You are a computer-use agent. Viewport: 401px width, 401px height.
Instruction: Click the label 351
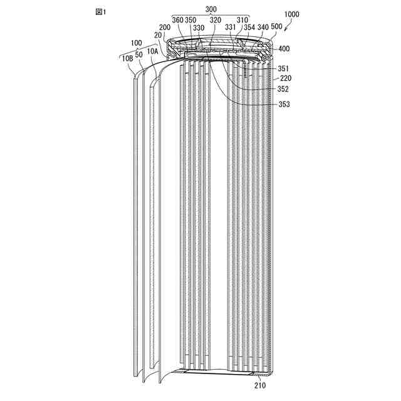click(x=283, y=68)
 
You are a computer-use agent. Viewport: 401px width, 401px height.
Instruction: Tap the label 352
click(x=283, y=89)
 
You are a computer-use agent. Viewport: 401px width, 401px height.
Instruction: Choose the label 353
click(x=283, y=105)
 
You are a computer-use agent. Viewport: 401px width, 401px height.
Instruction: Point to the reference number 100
click(x=136, y=44)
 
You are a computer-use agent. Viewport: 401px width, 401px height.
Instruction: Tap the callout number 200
click(x=164, y=28)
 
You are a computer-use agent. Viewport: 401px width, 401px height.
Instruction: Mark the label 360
click(x=178, y=19)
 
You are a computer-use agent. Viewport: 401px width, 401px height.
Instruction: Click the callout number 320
click(x=215, y=19)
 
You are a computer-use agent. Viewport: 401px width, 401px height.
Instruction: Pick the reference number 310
click(x=242, y=19)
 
